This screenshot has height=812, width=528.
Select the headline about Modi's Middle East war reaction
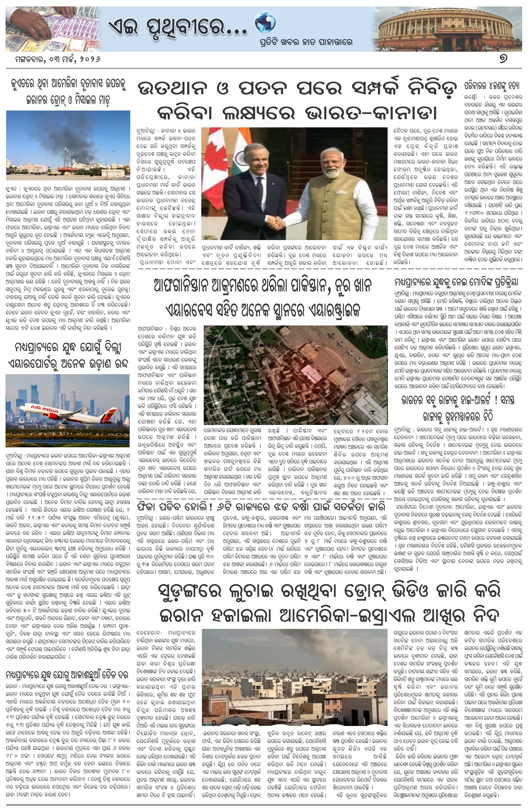point(456,283)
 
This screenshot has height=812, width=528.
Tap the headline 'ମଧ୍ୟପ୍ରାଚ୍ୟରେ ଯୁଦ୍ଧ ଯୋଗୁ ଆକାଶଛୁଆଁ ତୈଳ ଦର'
point(67,675)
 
